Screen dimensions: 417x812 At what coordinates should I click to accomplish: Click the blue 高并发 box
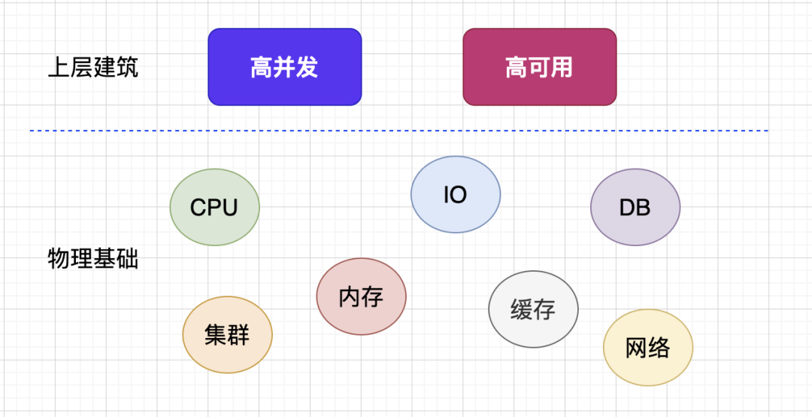pos(284,67)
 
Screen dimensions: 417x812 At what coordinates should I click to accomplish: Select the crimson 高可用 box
pos(539,67)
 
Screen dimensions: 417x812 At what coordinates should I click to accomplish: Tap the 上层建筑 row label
pos(92,68)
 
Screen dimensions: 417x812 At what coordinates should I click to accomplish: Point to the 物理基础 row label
pos(92,260)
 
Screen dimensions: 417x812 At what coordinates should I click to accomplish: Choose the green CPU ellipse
pos(214,207)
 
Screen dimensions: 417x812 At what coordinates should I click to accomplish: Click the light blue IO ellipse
pos(456,194)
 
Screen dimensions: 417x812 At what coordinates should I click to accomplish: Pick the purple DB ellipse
pos(635,207)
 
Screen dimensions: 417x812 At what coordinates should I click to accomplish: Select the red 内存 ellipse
pos(361,297)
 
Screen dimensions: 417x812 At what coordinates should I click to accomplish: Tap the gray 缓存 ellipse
pos(533,309)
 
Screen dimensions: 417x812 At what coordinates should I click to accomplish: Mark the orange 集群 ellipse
pos(227,335)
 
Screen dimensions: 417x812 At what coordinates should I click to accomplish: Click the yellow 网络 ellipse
pos(647,348)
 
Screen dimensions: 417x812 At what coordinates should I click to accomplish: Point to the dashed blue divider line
pos(398,131)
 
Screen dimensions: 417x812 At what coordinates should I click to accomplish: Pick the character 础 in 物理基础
pos(127,260)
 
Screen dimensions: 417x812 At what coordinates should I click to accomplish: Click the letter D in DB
pos(627,208)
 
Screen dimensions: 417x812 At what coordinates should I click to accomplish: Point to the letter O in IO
pos(459,195)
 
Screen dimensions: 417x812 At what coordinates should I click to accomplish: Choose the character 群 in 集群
pos(238,335)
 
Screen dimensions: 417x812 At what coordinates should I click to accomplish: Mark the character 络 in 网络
pos(659,348)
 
